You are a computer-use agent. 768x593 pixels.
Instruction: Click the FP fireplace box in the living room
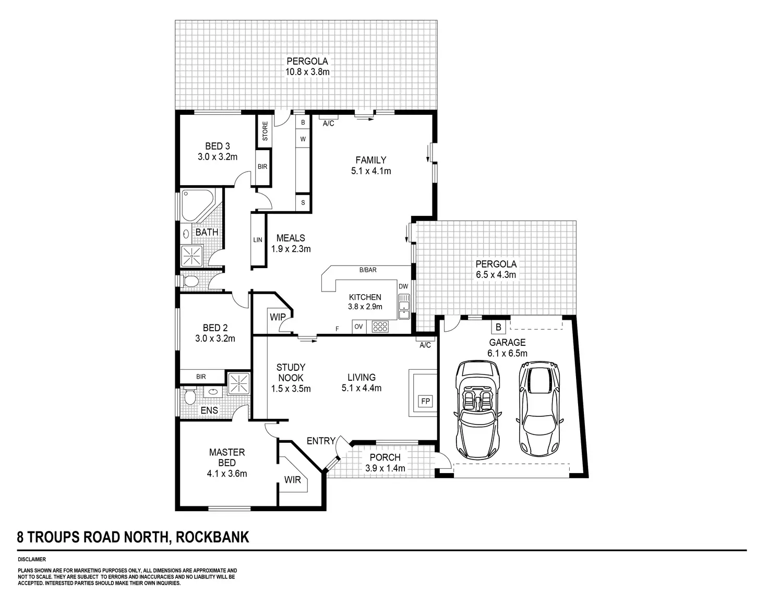click(425, 402)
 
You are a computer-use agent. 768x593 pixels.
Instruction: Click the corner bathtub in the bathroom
click(196, 204)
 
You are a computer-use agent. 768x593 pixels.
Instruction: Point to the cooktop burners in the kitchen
click(380, 327)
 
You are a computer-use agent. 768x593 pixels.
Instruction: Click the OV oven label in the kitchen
click(358, 327)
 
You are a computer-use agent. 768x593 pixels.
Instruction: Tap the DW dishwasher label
click(403, 286)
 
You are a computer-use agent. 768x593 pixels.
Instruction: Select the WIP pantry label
click(278, 317)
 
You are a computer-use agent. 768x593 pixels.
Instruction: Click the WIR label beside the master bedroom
click(293, 479)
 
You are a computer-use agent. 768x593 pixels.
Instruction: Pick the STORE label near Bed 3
click(265, 131)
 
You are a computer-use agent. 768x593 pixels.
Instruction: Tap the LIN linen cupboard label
click(258, 240)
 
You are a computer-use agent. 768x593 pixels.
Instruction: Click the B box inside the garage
click(498, 328)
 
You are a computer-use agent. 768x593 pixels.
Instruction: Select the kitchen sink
click(404, 307)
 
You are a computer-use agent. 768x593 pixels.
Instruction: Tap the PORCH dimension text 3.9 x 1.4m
click(385, 468)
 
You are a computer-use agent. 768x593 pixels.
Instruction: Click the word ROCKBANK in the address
click(213, 537)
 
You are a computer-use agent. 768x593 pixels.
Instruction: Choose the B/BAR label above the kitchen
click(368, 270)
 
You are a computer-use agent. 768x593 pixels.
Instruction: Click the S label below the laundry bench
click(303, 203)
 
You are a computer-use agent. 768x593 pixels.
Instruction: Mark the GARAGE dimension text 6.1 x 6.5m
click(507, 353)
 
